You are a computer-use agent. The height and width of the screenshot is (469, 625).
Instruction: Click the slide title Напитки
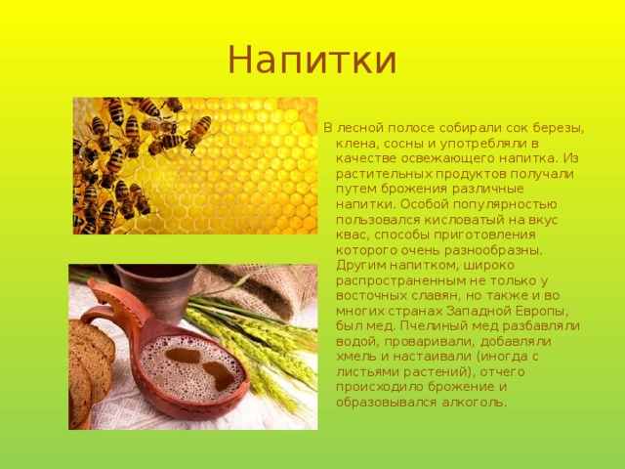(x=312, y=60)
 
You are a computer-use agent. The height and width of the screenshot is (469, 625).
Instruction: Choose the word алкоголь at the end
(x=474, y=402)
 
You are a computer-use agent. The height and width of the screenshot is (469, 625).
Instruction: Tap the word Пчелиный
(x=434, y=326)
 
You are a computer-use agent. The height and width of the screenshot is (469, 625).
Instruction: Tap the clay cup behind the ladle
(x=158, y=291)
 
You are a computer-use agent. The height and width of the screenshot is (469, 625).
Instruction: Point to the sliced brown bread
(x=90, y=372)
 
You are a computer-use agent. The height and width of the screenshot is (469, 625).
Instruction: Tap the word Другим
(x=361, y=266)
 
